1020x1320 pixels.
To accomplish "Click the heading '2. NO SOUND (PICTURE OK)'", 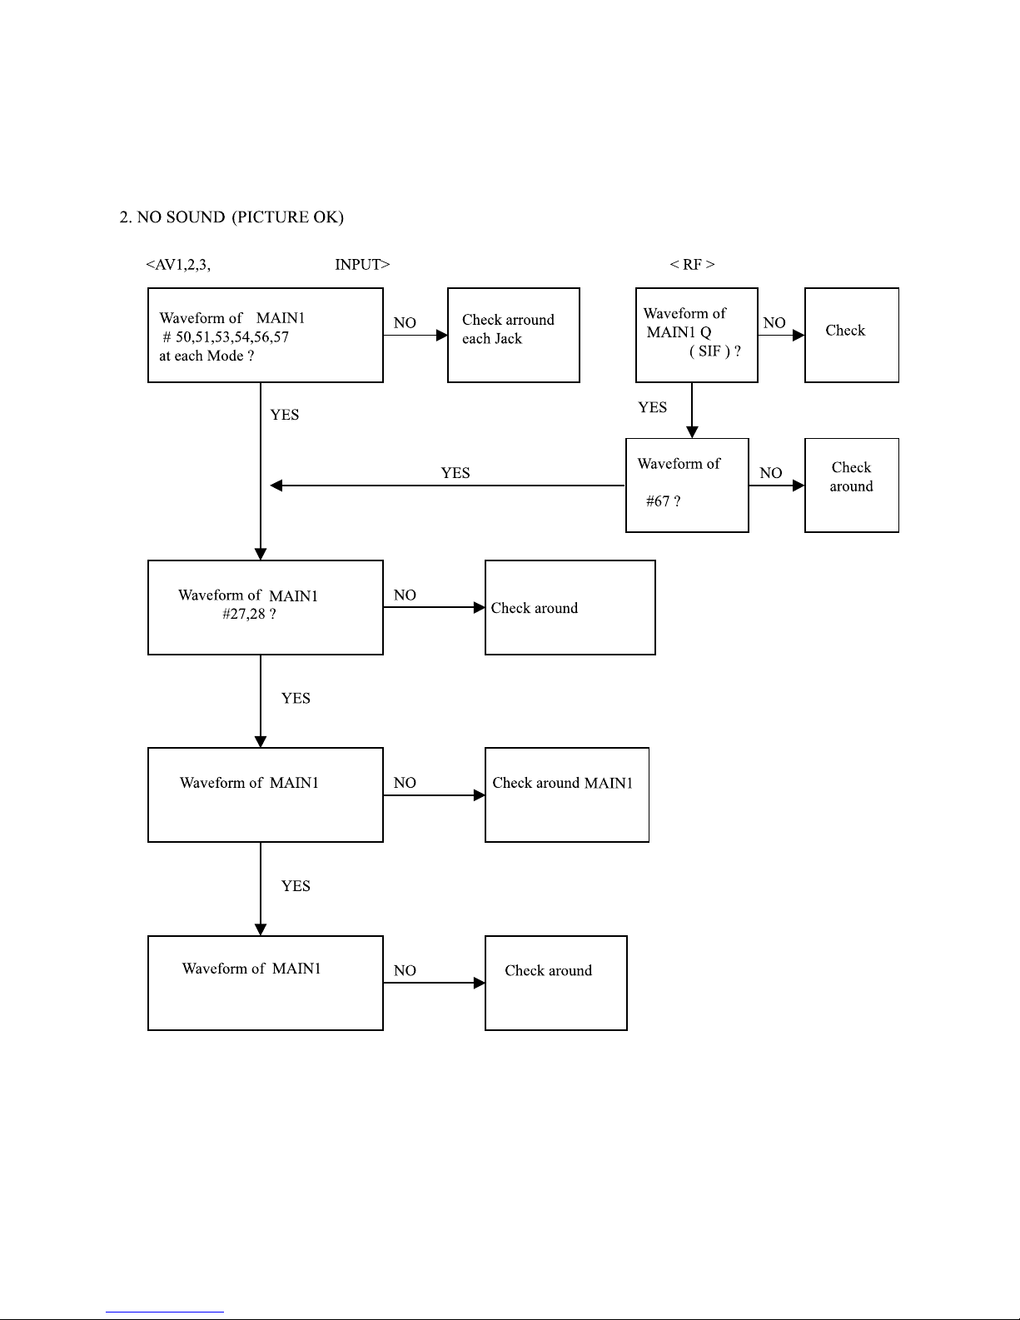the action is pyautogui.click(x=231, y=217).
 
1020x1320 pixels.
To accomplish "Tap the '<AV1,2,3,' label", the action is pyautogui.click(x=178, y=265).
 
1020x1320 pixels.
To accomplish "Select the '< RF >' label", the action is pyautogui.click(x=692, y=264).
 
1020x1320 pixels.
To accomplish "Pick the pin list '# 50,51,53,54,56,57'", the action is pyautogui.click(x=226, y=337).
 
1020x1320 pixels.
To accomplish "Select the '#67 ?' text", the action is pyautogui.click(x=663, y=501).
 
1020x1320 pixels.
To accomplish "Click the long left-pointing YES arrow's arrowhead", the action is pyautogui.click(x=276, y=486).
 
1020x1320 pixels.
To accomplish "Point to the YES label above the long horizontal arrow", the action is pyautogui.click(x=455, y=472).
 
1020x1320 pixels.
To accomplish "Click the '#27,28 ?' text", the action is pyautogui.click(x=249, y=614).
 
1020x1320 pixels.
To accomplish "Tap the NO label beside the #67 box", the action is pyautogui.click(x=770, y=472).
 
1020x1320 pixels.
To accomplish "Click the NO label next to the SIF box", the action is pyautogui.click(x=774, y=322).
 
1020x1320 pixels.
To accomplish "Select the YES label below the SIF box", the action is pyautogui.click(x=653, y=407).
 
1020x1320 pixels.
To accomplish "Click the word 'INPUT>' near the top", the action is pyautogui.click(x=362, y=265).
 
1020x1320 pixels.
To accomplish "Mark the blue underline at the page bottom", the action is pyautogui.click(x=165, y=1312).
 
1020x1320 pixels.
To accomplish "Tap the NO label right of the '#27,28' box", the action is pyautogui.click(x=405, y=595).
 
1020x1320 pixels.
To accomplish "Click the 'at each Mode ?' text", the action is pyautogui.click(x=206, y=356).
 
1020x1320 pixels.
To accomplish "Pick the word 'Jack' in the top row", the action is pyautogui.click(x=509, y=339).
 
